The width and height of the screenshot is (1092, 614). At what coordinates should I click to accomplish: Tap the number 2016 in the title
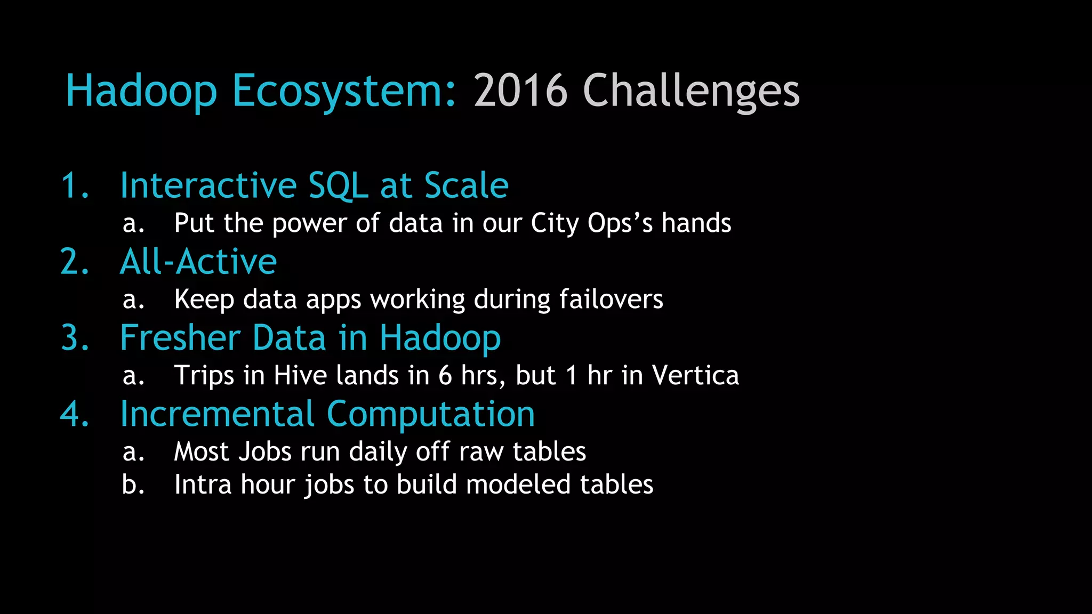pyautogui.click(x=520, y=91)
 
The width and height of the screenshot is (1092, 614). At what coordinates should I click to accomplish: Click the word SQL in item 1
pyautogui.click(x=339, y=185)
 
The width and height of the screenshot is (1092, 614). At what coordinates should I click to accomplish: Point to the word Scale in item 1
pyautogui.click(x=466, y=185)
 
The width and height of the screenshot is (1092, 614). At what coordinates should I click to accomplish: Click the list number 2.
pyautogui.click(x=75, y=262)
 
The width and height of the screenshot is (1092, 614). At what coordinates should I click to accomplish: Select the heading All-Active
pyautogui.click(x=198, y=262)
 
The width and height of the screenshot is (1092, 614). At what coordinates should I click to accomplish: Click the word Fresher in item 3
pyautogui.click(x=180, y=338)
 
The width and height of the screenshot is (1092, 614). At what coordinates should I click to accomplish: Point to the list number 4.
pyautogui.click(x=75, y=414)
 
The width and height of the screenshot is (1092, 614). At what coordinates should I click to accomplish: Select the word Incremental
pyautogui.click(x=217, y=414)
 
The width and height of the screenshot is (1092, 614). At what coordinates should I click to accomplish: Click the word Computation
pyautogui.click(x=430, y=414)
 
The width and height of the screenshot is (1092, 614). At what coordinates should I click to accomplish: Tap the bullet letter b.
pyautogui.click(x=133, y=484)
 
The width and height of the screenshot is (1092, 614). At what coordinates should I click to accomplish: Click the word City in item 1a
pyautogui.click(x=554, y=223)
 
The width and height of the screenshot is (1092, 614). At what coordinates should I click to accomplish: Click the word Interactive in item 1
pyautogui.click(x=208, y=185)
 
